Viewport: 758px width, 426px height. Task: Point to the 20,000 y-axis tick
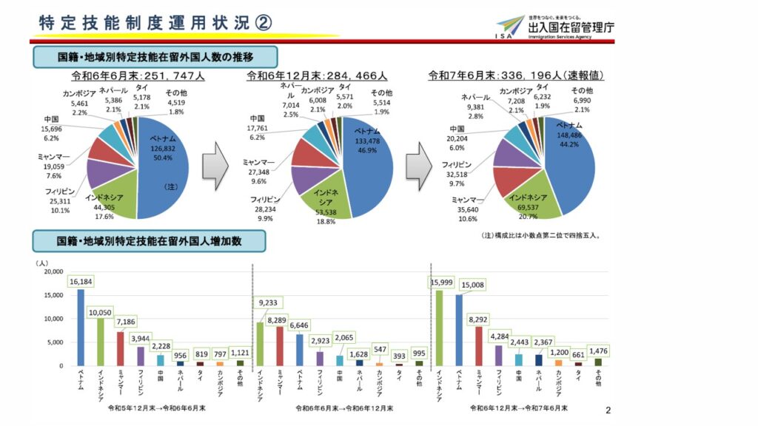[x=53, y=271]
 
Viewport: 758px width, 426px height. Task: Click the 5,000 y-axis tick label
[x=55, y=342]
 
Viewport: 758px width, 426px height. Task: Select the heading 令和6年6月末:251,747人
[x=138, y=75]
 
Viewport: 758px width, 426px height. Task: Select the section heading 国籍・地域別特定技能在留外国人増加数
[x=150, y=241]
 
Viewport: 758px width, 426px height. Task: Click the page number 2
[x=608, y=410]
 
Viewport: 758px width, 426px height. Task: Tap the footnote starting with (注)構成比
[x=541, y=236]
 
